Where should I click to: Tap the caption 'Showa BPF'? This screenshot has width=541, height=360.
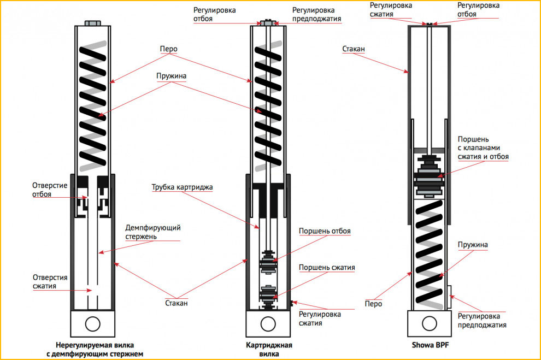click(433, 345)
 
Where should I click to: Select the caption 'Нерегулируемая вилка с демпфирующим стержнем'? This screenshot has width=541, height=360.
click(95, 350)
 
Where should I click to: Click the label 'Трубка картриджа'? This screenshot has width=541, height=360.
click(182, 187)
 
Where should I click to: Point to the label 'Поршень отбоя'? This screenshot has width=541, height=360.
click(324, 231)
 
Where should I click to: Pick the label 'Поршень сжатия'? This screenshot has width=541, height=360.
click(327, 267)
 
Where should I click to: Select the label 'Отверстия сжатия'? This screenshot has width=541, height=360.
click(52, 282)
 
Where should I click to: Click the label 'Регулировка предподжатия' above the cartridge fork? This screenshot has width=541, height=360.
click(316, 14)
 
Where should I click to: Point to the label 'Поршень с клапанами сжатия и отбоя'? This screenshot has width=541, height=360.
click(483, 147)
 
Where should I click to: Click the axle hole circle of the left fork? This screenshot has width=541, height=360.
click(92, 323)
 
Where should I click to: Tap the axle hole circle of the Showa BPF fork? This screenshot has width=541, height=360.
click(430, 323)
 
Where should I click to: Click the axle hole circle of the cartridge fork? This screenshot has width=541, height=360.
click(267, 323)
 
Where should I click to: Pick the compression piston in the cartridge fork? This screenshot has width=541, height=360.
click(268, 293)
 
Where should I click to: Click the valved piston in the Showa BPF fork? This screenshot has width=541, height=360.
click(430, 174)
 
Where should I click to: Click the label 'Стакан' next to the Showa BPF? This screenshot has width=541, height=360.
click(354, 49)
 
